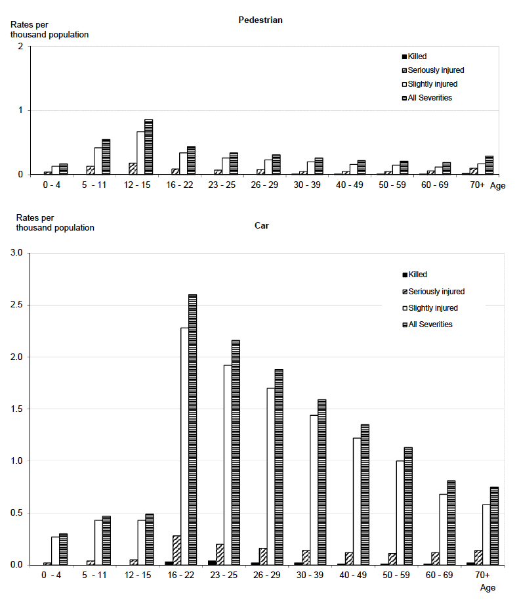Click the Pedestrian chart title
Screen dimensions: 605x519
260,20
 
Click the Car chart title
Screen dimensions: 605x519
262,225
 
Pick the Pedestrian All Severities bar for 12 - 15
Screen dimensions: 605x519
148,147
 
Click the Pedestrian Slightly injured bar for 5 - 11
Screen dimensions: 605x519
98,161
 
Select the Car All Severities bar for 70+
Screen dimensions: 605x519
494,526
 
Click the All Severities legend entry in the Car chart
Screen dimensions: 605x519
430,324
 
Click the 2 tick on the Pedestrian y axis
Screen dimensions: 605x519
21,47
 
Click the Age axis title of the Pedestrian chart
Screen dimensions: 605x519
498,185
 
